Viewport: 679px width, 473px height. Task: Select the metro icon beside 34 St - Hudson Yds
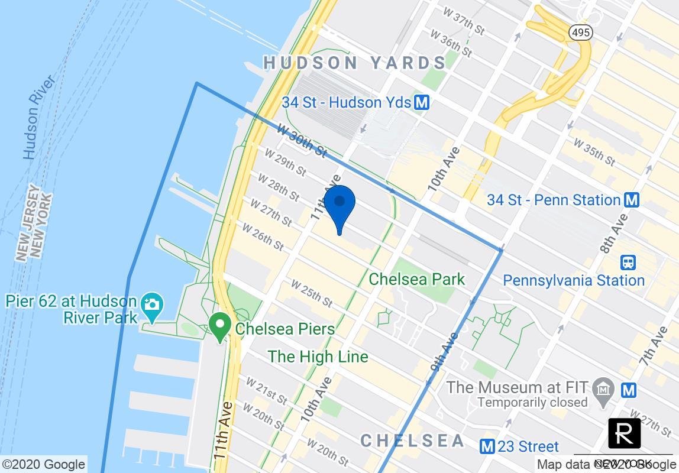(422, 102)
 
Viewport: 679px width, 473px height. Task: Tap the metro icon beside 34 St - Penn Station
(632, 200)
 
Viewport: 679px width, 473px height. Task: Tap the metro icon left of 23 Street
(487, 446)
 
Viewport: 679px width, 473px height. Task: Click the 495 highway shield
(580, 33)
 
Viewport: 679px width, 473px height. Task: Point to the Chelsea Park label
(417, 279)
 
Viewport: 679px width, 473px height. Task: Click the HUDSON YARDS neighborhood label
(355, 63)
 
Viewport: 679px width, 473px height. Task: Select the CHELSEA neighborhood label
(413, 441)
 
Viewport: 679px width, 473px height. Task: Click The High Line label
(318, 357)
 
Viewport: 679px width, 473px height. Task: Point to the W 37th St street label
(465, 20)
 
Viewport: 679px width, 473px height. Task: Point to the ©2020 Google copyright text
(44, 465)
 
